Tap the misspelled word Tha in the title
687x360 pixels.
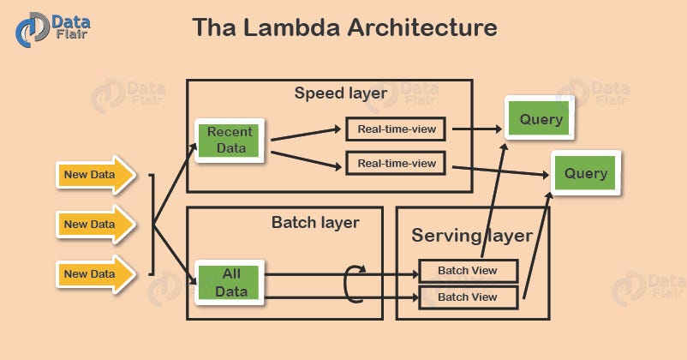pyautogui.click(x=213, y=27)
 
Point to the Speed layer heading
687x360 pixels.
pyautogui.click(x=340, y=93)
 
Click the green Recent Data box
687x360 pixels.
pyautogui.click(x=230, y=140)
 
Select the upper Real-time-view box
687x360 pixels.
pyautogui.click(x=396, y=129)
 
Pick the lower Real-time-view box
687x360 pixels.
pyautogui.click(x=396, y=163)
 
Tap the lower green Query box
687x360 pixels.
pyautogui.click(x=585, y=174)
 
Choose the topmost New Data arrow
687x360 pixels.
pyautogui.click(x=95, y=175)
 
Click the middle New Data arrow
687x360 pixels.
pyautogui.click(x=95, y=225)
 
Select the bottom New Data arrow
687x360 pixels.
pyautogui.click(x=95, y=274)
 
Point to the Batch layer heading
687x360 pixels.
pyautogui.click(x=314, y=222)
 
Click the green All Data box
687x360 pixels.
pyautogui.click(x=231, y=282)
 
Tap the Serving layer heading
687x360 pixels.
pyautogui.click(x=471, y=235)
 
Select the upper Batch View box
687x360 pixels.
pyautogui.click(x=468, y=271)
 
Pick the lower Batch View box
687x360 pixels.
pyautogui.click(x=468, y=297)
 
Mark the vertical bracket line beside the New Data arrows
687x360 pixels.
pyautogui.click(x=152, y=225)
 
